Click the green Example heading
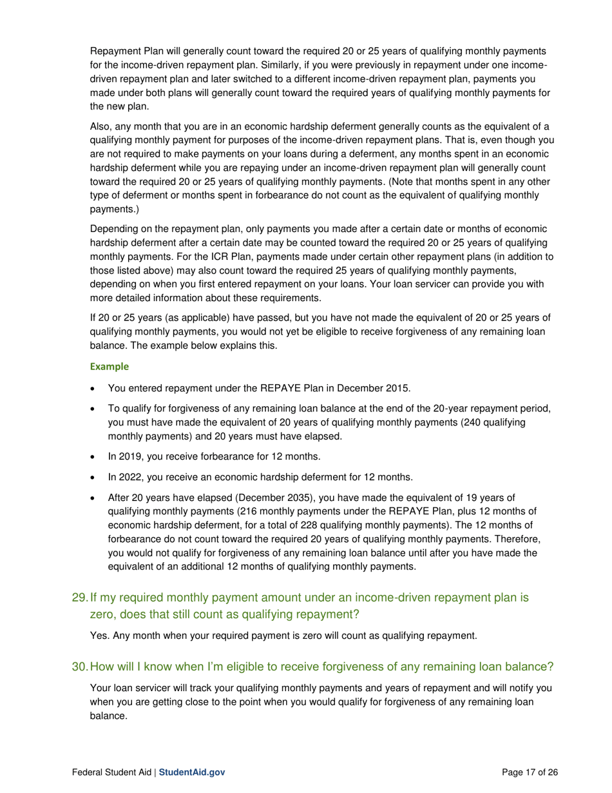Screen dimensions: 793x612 (x=110, y=366)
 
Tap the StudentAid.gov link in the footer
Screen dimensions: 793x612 (x=192, y=772)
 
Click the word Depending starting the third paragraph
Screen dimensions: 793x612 (x=115, y=229)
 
